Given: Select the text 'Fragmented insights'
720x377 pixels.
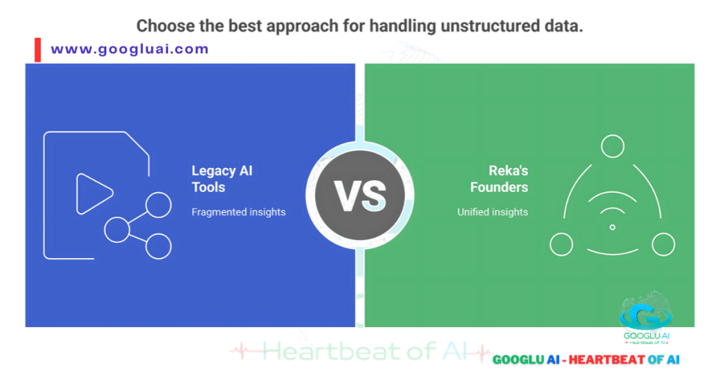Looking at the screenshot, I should click(238, 212).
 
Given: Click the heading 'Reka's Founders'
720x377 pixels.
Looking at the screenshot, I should click(499, 179).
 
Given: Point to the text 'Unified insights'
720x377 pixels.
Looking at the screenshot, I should click(492, 212).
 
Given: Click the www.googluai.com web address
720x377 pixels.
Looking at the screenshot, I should click(130, 49).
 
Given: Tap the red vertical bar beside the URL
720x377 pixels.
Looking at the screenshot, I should click(37, 50).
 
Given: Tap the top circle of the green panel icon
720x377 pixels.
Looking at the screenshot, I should click(612, 146).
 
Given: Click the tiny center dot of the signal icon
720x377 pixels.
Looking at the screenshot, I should click(612, 227).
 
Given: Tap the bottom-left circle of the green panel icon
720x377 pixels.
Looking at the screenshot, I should click(561, 245).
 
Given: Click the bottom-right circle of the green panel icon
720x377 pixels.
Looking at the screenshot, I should click(663, 245).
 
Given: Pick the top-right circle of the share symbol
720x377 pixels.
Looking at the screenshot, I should click(158, 205).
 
